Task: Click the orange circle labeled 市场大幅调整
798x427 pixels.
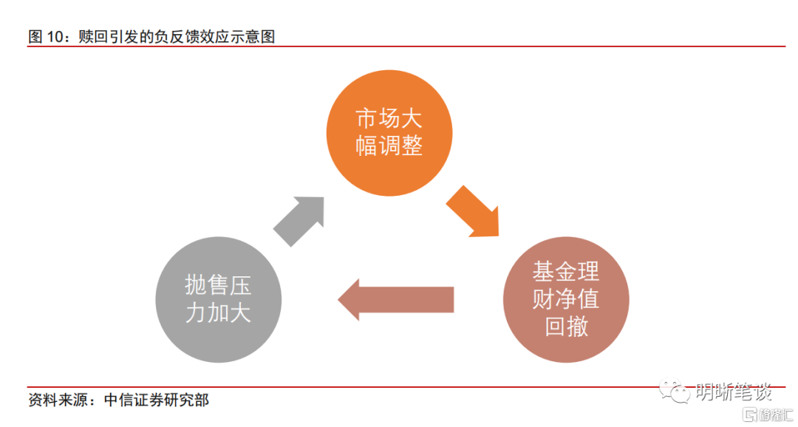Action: pos(389,133)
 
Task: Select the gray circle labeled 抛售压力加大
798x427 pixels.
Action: pos(218,298)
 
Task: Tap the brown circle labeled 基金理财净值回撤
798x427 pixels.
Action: pos(566,299)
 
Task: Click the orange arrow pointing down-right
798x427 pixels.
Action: pos(474,212)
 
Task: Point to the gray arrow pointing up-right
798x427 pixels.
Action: pos(299,221)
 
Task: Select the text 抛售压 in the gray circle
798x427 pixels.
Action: pos(218,285)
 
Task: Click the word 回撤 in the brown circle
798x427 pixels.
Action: pos(566,326)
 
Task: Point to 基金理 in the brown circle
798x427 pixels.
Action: pos(566,272)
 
